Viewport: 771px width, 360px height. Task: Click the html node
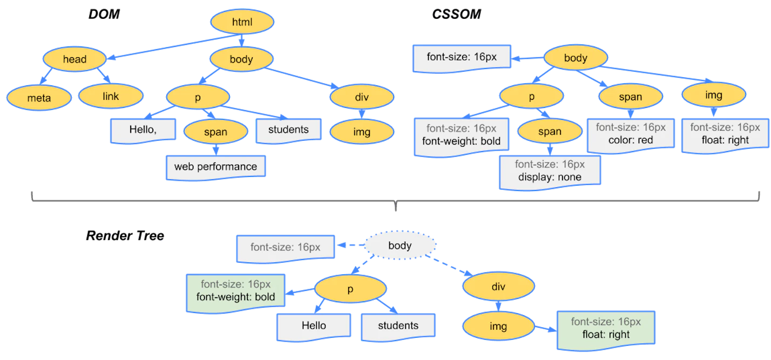click(x=242, y=22)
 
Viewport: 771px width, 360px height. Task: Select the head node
click(x=75, y=59)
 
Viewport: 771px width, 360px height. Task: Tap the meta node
click(x=39, y=98)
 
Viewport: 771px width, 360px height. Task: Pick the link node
click(x=111, y=97)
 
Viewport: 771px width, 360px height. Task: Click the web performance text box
click(x=215, y=167)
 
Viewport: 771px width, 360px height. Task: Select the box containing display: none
click(x=550, y=171)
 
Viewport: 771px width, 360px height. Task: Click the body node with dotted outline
click(x=400, y=246)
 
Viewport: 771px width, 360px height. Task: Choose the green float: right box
click(x=606, y=328)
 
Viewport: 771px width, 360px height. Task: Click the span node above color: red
click(x=630, y=97)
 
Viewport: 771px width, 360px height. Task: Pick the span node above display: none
click(x=550, y=132)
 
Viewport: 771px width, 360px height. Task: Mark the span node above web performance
click(x=215, y=132)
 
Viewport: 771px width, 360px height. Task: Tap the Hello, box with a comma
click(x=144, y=130)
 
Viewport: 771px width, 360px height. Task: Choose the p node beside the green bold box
click(x=350, y=289)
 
